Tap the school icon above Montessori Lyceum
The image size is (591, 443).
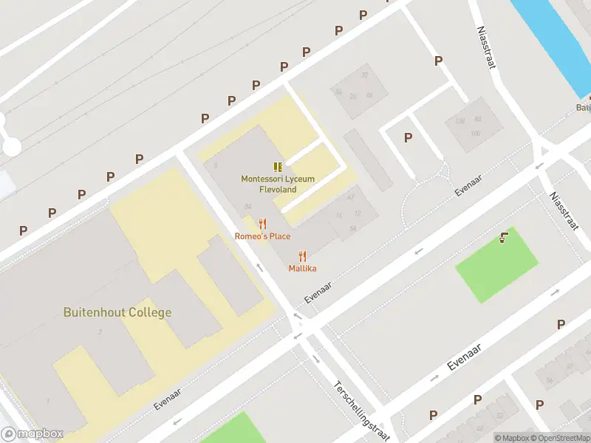click(278, 168)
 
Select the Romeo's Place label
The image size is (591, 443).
click(262, 236)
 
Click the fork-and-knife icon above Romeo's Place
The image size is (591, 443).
click(262, 224)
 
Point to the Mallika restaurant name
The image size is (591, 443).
click(302, 269)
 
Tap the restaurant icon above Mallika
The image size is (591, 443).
click(302, 256)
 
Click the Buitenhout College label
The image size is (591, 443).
click(117, 312)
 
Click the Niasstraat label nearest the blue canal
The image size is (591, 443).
click(485, 49)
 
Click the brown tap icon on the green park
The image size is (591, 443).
click(504, 237)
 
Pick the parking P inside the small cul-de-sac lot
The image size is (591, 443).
click(408, 137)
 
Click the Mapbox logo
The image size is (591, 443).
click(32, 434)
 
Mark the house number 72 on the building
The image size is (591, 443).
click(364, 75)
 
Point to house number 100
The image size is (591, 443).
click(475, 133)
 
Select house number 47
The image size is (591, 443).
click(350, 197)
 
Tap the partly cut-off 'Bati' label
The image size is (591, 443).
click(583, 108)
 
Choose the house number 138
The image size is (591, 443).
click(460, 121)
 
